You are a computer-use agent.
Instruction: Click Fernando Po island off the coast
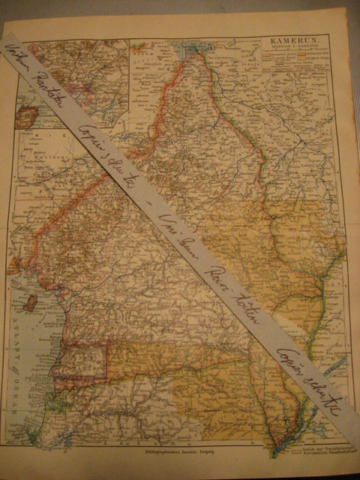pos(30,304)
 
